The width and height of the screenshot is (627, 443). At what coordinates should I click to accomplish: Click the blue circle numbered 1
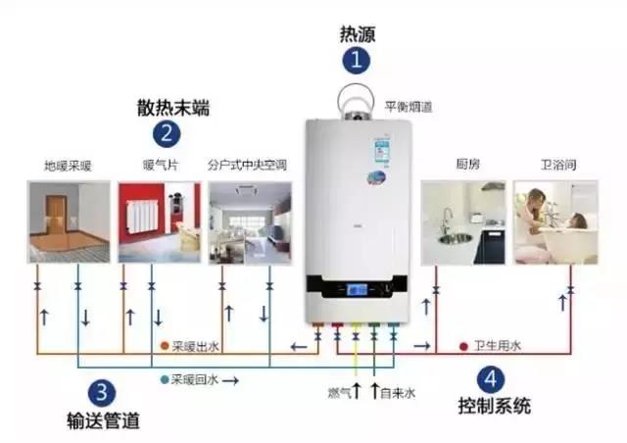357,61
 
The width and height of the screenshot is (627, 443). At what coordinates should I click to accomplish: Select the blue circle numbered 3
100,393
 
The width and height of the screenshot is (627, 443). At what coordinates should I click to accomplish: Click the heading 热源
357,34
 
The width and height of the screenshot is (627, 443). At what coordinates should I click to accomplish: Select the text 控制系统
494,405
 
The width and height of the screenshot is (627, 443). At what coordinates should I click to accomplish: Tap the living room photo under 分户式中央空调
249,221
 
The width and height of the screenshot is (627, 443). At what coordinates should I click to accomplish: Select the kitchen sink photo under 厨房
463,221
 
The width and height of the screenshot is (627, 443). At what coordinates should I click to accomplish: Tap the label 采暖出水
197,347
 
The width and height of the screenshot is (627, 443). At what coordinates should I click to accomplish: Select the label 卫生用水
498,347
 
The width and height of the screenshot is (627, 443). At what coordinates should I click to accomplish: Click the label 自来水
397,393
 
